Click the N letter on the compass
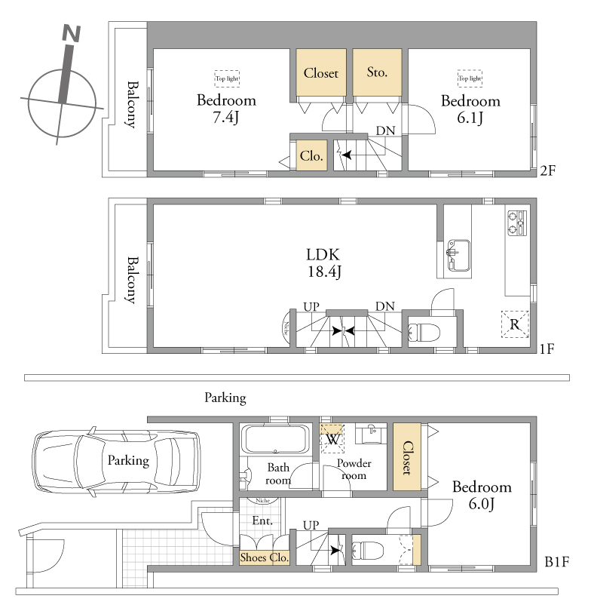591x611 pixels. [72, 33]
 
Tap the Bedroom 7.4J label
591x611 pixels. [226, 109]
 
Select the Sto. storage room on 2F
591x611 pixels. [377, 72]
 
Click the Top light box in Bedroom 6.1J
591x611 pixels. [470, 78]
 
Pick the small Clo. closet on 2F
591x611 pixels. [311, 155]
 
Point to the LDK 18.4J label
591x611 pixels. [323, 263]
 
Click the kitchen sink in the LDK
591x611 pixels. [458, 255]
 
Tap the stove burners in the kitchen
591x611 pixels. [517, 223]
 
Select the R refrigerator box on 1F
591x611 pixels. [515, 324]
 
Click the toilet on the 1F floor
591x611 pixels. [424, 333]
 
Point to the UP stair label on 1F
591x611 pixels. [311, 307]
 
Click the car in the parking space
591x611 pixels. [117, 462]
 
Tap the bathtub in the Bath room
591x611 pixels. [275, 439]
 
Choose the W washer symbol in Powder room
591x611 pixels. [332, 439]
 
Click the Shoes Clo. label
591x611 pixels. [265, 557]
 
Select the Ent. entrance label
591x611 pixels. [262, 520]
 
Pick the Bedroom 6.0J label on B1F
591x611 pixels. [482, 495]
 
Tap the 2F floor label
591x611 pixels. [547, 170]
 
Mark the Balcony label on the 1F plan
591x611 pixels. [133, 280]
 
